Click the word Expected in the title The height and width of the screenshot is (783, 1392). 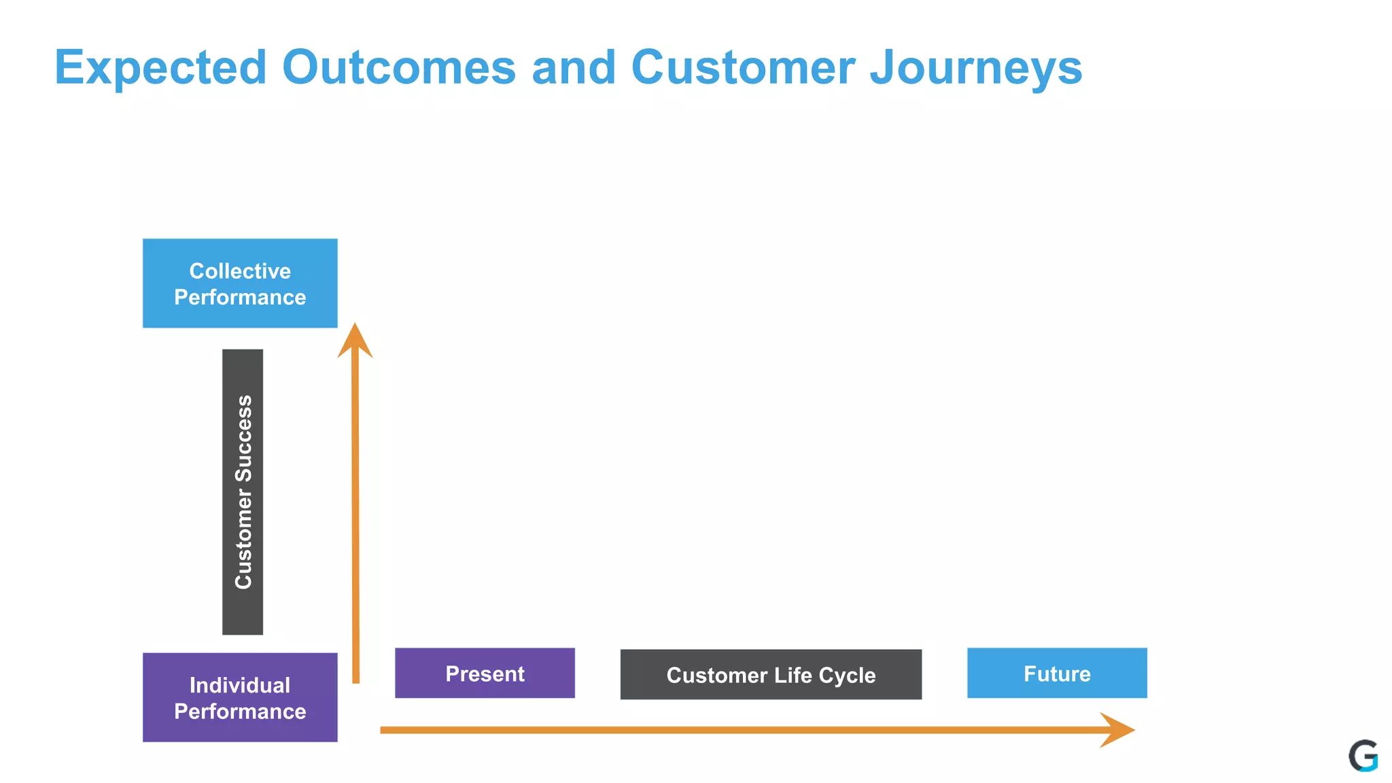click(160, 68)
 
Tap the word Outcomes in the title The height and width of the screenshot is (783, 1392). click(399, 68)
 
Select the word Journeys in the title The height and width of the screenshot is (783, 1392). click(976, 68)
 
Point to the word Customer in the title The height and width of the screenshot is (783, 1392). click(743, 68)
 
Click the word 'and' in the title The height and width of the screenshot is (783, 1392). click(574, 68)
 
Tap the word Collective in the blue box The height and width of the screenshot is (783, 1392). click(240, 271)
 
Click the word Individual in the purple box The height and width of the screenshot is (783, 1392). click(240, 685)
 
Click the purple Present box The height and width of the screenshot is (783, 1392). click(485, 673)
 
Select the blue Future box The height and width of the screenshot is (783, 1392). click(1057, 673)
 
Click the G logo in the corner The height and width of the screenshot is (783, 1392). click(1363, 756)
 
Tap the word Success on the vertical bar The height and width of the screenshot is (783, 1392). click(243, 438)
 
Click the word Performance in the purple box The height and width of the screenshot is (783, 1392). click(240, 712)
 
